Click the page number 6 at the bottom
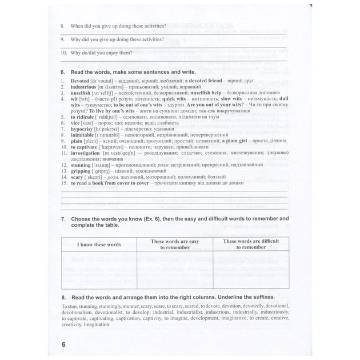tap(64, 345)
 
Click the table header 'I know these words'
tap(99, 245)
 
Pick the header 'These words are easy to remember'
tap(174, 245)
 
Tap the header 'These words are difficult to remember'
tap(250, 245)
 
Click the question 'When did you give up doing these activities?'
tap(118, 26)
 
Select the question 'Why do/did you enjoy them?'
tap(101, 53)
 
